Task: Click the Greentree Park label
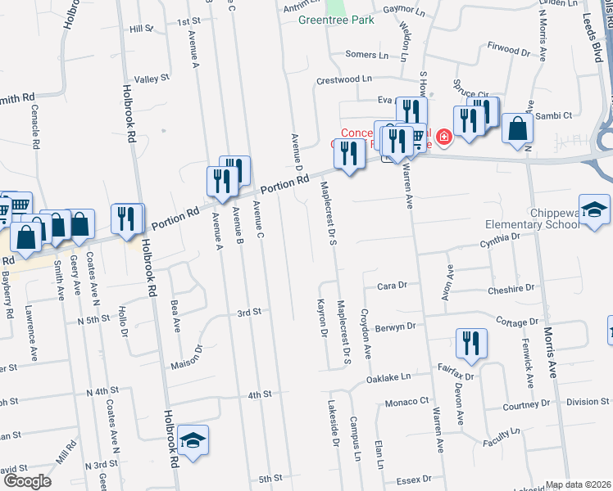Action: [x=336, y=20]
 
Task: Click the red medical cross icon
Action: [x=444, y=137]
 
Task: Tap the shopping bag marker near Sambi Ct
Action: [x=517, y=128]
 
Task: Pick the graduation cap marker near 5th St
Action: [x=193, y=439]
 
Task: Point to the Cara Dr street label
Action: [x=392, y=286]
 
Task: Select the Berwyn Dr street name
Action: [x=395, y=326]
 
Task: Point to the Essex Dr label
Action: [x=414, y=480]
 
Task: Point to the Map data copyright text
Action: [x=578, y=484]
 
